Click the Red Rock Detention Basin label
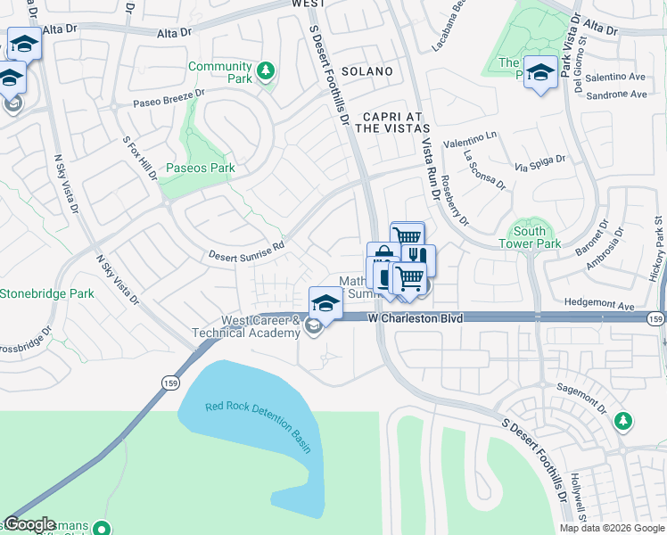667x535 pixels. click(259, 423)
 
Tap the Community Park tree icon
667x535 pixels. click(265, 71)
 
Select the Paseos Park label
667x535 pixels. click(201, 168)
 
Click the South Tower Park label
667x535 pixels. click(530, 237)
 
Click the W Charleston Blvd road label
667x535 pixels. click(416, 317)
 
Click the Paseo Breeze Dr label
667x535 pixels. click(169, 98)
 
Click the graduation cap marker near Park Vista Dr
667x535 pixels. click(540, 71)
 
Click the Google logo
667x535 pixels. click(30, 524)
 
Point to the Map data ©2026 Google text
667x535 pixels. click(613, 528)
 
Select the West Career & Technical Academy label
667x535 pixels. click(247, 326)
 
